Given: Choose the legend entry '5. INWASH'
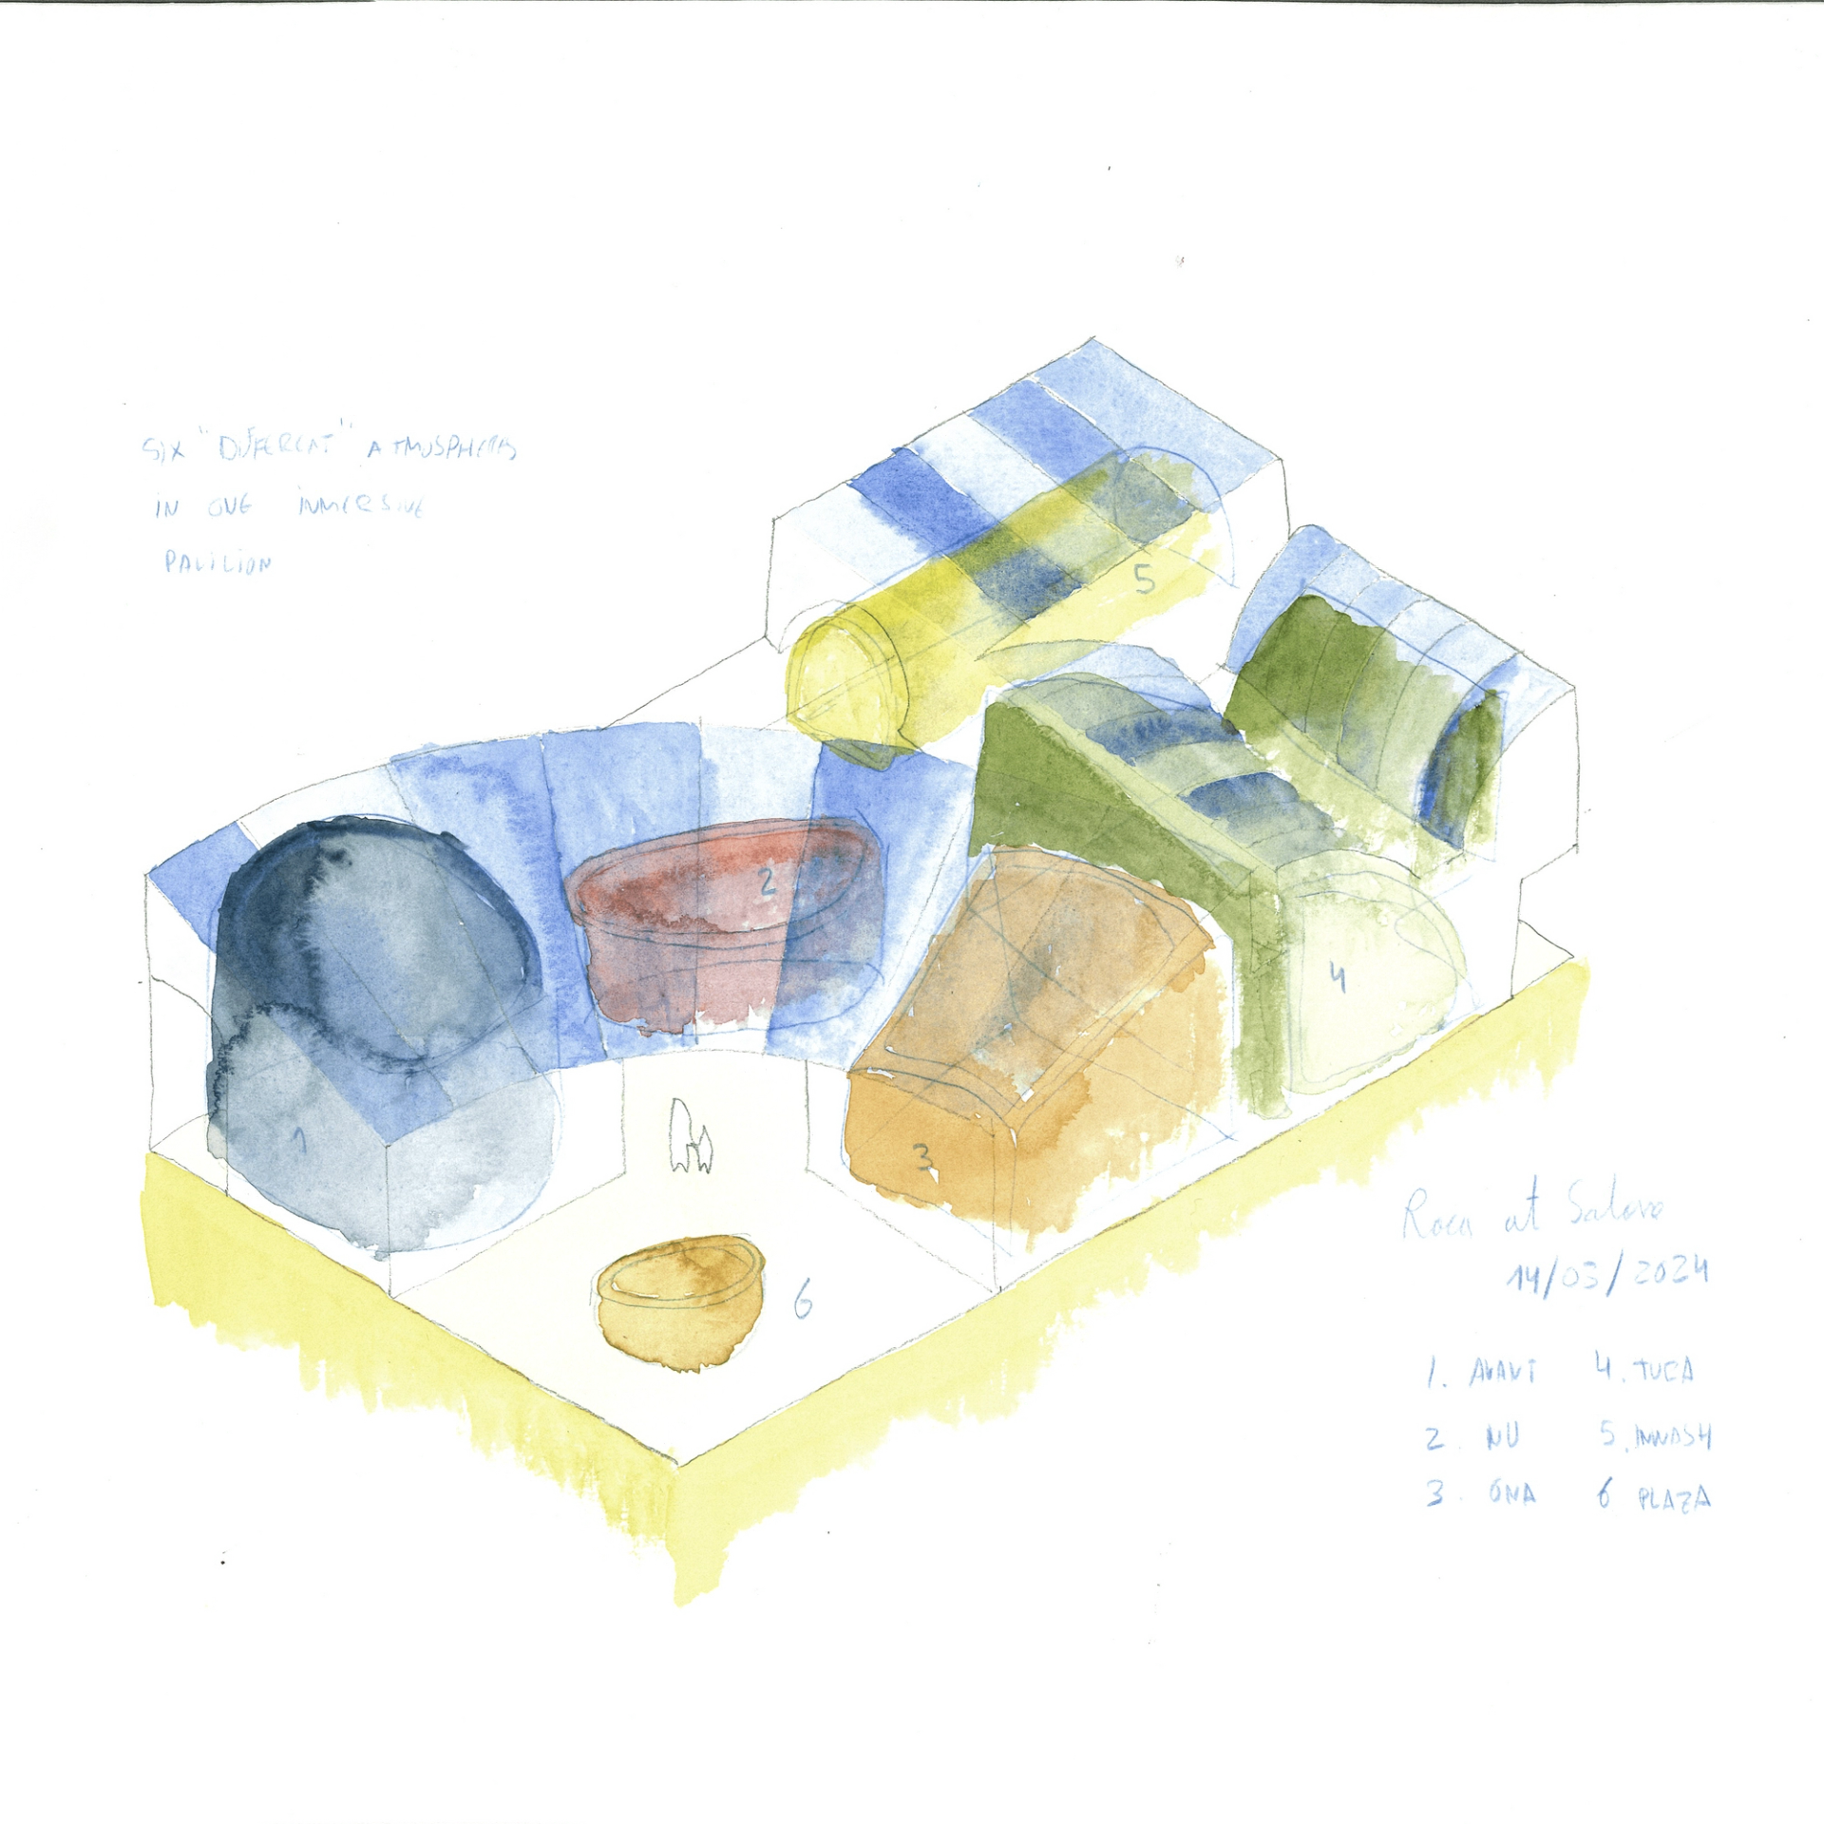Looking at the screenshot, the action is (1658, 1434).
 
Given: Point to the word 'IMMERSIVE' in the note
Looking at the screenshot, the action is (363, 504).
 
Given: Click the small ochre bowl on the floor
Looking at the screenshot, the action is (680, 1301).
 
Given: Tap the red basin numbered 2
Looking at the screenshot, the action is (722, 931).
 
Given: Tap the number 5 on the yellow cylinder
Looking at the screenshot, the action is (1145, 578).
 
